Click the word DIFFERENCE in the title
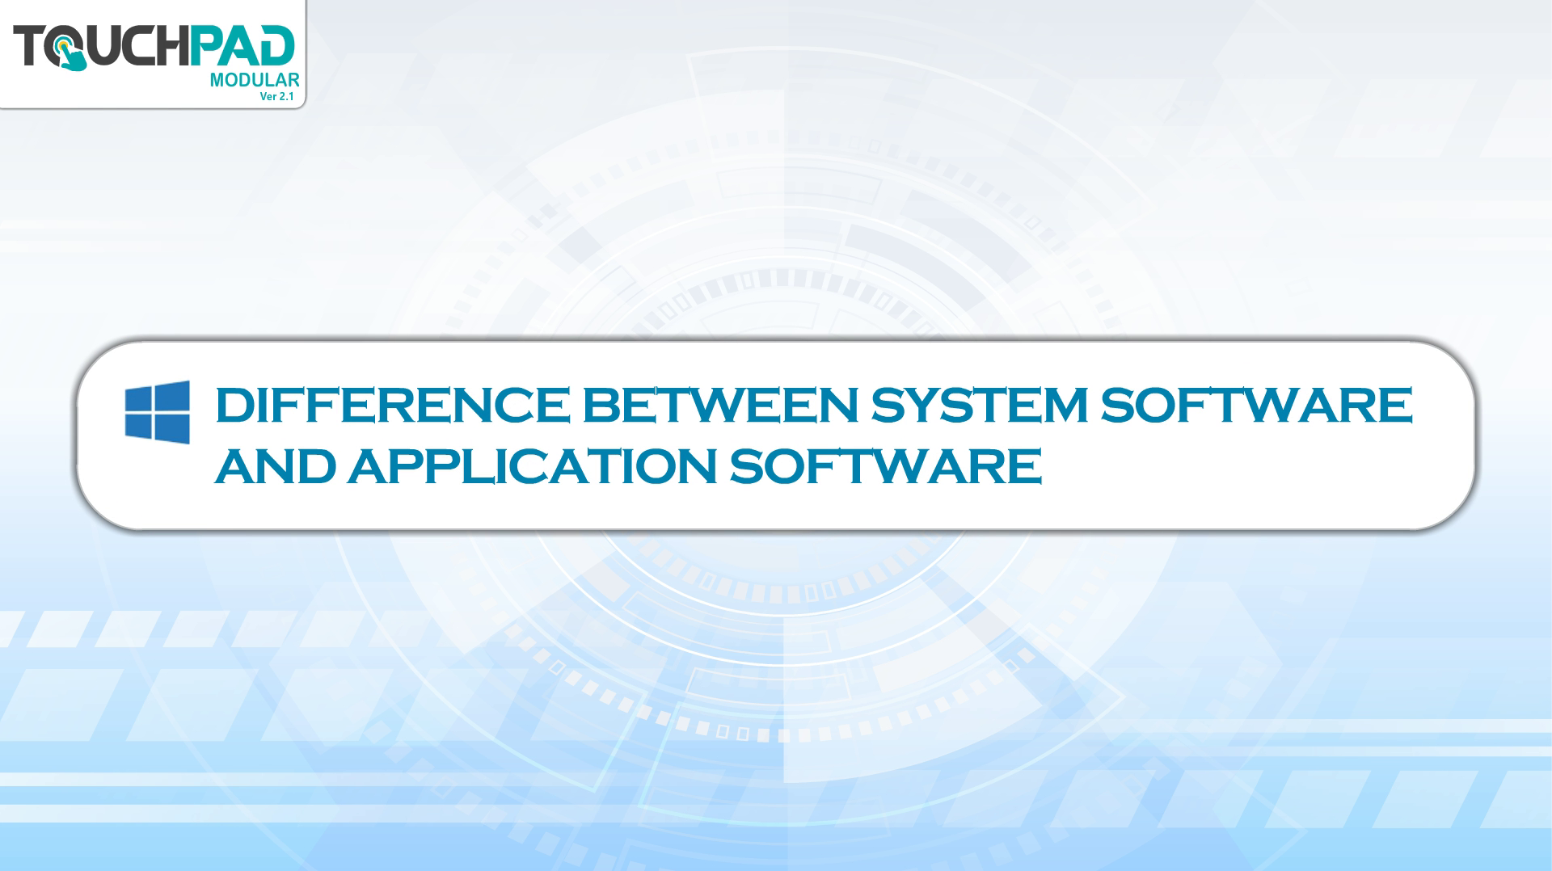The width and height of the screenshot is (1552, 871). (392, 405)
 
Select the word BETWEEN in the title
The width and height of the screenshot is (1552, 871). (720, 405)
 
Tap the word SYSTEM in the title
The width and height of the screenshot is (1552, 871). (979, 405)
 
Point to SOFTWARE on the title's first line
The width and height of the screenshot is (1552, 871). (1257, 405)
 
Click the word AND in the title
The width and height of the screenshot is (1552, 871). (276, 466)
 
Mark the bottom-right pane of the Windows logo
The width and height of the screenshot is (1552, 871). (173, 430)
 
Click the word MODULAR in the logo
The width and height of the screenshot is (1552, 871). (255, 80)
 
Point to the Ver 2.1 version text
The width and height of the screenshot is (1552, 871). (276, 96)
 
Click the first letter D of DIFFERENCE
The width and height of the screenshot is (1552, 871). (233, 405)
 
